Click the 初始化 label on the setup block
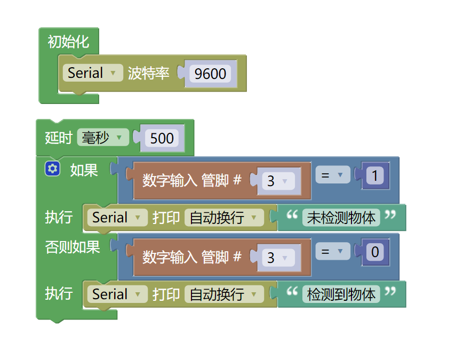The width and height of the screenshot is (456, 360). pos(68,42)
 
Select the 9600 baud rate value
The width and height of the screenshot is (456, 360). pos(210,74)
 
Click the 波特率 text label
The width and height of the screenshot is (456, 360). pos(149,74)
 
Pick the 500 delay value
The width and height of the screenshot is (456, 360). pos(162,138)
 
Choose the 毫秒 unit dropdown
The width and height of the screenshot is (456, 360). pos(102,138)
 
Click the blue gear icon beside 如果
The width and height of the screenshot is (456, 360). pos(52,169)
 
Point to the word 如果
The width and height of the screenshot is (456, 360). pos(84,170)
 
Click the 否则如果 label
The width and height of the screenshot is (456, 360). pos(73,247)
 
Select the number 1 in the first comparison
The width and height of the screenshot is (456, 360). pos(375,175)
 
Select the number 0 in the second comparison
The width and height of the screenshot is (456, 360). pos(375,252)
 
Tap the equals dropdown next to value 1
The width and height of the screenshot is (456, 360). pos(332,175)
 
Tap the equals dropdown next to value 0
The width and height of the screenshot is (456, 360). pos(332,251)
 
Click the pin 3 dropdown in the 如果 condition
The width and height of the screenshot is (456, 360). pos(277,181)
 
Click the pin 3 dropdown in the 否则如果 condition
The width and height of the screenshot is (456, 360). pos(277,258)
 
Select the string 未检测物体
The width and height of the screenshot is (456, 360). pos(341,218)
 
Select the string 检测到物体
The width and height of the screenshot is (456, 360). pos(341,294)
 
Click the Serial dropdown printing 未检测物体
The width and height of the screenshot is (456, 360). pos(117,218)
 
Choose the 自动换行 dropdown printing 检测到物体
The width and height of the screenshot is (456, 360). pos(224,294)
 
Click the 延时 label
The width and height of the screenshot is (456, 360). pos(58,138)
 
